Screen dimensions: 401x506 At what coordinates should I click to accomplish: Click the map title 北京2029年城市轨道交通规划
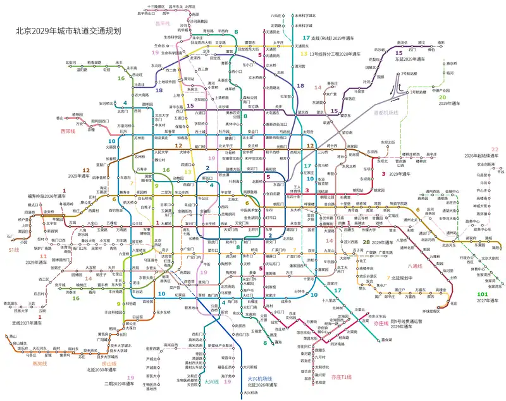tap(68, 30)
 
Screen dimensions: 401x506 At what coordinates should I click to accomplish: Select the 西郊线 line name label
tap(68, 132)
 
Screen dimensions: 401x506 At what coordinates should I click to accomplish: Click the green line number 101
tap(482, 294)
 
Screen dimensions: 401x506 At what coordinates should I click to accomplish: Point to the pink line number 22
tap(495, 149)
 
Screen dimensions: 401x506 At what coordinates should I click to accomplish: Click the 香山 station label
tap(61, 118)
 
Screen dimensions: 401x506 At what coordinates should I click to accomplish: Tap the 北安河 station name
tap(71, 63)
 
